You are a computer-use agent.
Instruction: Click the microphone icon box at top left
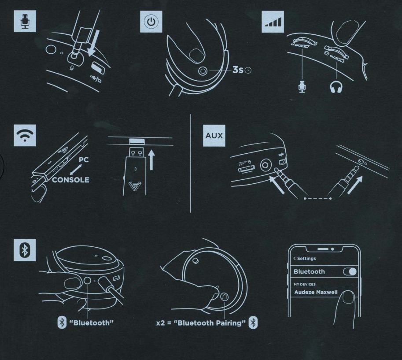click(x=25, y=21)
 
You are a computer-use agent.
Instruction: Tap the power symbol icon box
click(x=151, y=22)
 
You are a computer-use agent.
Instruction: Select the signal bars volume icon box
click(x=273, y=22)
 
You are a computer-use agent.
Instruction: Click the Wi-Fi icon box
click(x=25, y=135)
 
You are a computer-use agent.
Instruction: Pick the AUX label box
click(x=214, y=135)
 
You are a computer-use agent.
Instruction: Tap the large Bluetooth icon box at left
click(x=25, y=250)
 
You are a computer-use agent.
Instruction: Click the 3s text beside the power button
click(x=238, y=70)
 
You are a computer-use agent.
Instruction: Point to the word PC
click(x=84, y=160)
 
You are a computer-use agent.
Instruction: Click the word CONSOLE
click(x=70, y=180)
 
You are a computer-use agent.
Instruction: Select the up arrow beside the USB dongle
click(x=151, y=160)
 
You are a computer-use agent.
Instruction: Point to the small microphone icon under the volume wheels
click(x=302, y=86)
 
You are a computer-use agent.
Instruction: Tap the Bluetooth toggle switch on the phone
click(x=350, y=271)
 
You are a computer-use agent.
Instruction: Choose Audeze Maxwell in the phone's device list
click(x=316, y=292)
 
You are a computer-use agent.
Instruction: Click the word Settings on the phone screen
click(x=306, y=258)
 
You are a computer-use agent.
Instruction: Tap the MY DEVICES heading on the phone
click(x=305, y=284)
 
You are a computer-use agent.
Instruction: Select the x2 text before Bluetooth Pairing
click(x=161, y=323)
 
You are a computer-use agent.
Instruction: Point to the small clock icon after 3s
click(x=248, y=70)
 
